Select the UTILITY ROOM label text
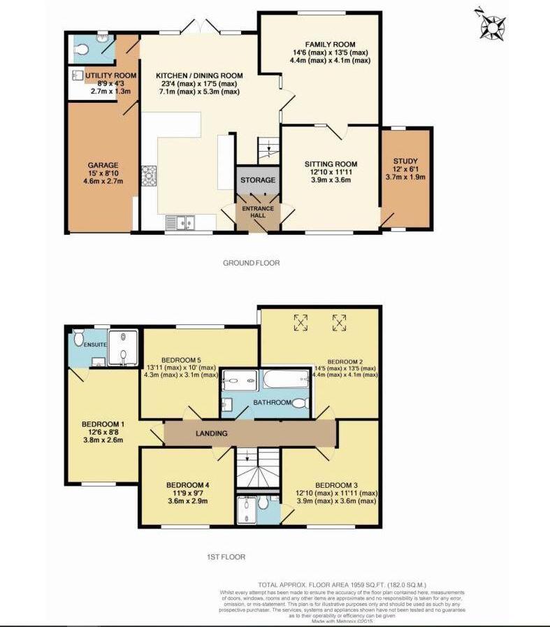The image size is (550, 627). pos(110,75)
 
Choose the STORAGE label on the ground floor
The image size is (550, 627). pos(258,180)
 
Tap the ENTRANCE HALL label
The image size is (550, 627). pos(258,211)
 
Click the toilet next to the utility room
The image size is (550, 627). pos(82,49)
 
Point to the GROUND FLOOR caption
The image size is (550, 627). pos(251,264)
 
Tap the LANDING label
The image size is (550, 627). pos(212,433)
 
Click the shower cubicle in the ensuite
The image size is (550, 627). pos(126,347)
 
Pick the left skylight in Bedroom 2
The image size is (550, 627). pos(301,322)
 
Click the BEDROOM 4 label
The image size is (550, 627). pos(187,485)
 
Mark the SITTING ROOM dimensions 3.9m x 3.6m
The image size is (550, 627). pos(331,180)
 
